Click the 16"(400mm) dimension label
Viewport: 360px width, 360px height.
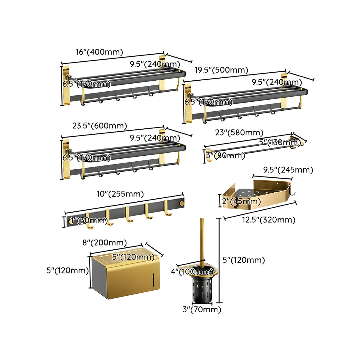coord(99,52)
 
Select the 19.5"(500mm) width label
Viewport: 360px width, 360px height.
coord(221,70)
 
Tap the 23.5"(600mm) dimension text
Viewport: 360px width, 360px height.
coord(100,126)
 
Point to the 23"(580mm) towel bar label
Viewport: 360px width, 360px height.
coord(239,133)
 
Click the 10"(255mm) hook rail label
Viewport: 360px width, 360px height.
coord(120,194)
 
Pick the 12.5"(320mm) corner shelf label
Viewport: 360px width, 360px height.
coord(268,220)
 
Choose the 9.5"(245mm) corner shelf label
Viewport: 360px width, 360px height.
coord(288,170)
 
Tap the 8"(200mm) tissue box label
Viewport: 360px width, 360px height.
coord(104,243)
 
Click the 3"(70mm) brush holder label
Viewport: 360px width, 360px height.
coord(202,310)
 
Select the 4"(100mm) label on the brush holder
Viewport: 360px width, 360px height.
coord(192,271)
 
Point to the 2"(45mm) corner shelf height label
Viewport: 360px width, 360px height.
coord(241,202)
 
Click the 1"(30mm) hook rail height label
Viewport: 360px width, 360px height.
coord(88,221)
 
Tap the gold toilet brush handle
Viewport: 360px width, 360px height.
coord(202,240)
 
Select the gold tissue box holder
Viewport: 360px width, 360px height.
coord(126,277)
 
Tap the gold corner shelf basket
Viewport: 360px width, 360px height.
coord(257,194)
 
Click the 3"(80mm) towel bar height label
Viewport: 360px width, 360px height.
coord(225,155)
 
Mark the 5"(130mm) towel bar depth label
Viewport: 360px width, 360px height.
coord(279,142)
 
